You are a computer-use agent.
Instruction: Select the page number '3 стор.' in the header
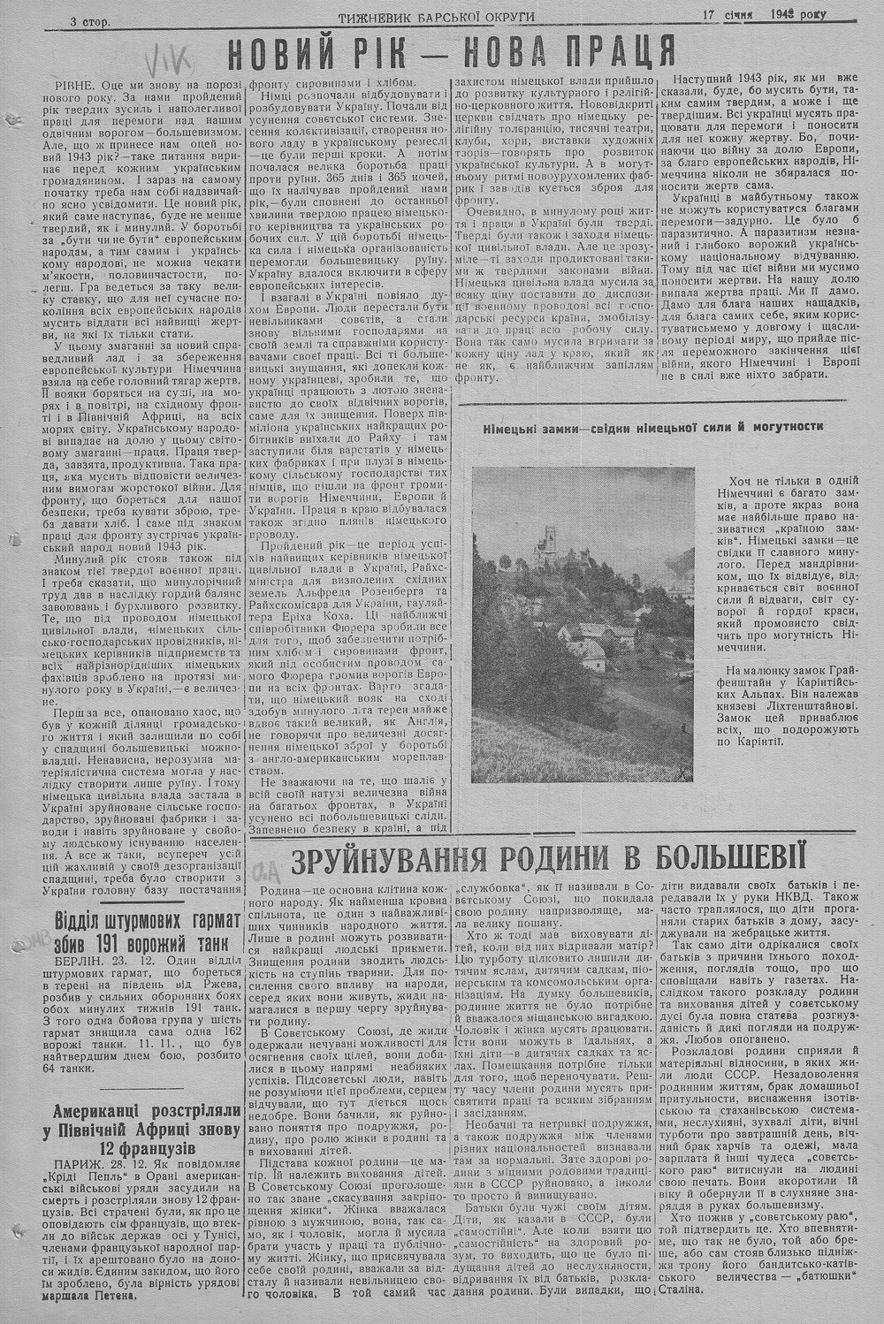point(90,21)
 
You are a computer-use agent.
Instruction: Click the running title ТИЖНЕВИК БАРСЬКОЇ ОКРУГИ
point(435,17)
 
